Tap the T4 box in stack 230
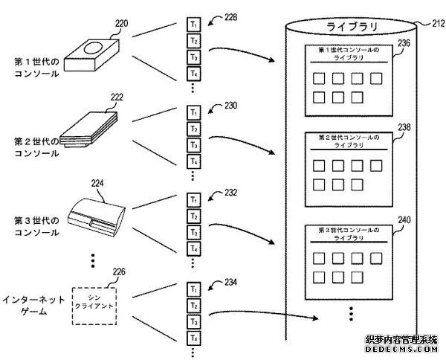[193, 161]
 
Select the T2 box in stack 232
[193, 216]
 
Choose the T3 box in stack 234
[193, 321]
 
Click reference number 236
[403, 44]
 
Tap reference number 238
[403, 127]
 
